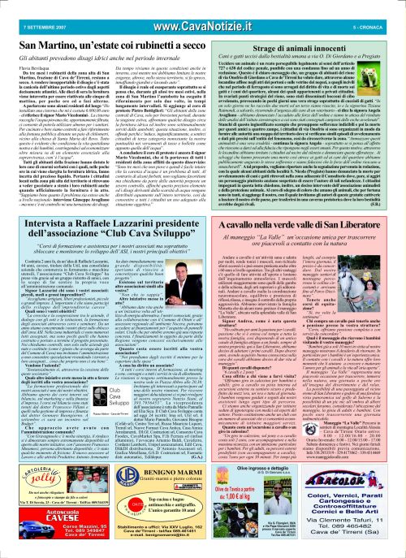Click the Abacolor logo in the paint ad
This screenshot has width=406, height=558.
point(361,465)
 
